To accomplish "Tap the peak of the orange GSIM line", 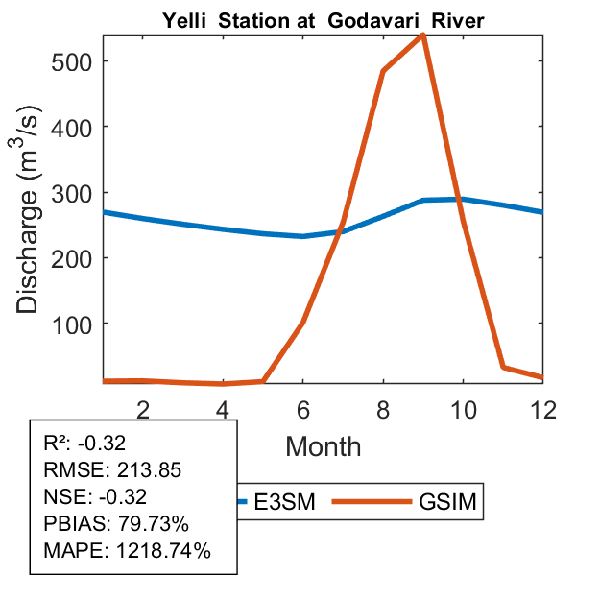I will [x=422, y=36].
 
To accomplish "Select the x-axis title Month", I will [x=324, y=446].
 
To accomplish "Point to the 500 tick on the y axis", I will [x=72, y=60].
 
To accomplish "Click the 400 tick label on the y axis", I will [x=72, y=127].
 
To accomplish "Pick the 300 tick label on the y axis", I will [x=72, y=192].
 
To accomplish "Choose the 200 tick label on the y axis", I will [x=72, y=258].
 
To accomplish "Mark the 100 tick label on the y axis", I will [x=72, y=324].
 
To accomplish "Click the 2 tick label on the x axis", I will [x=143, y=409].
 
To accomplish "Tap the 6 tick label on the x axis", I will [x=302, y=409].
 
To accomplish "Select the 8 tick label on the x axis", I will [x=383, y=409].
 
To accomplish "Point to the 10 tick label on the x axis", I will [x=463, y=409].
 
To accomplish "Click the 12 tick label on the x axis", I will [x=541, y=409].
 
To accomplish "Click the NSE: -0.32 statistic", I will [x=93, y=497].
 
